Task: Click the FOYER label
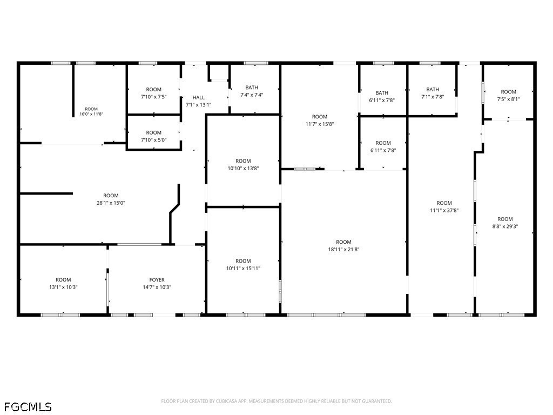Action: (157, 280)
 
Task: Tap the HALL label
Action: (199, 97)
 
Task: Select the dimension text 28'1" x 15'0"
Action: (111, 203)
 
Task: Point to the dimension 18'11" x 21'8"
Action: (343, 249)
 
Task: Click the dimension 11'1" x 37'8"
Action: (444, 210)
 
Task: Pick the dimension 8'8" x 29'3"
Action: (505, 226)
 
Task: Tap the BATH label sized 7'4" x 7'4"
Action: (252, 88)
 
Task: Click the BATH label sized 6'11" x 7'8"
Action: (382, 93)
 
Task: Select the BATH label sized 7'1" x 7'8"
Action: (433, 89)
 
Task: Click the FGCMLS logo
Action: (28, 407)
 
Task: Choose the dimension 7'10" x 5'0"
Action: (154, 140)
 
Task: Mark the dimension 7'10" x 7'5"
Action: (154, 97)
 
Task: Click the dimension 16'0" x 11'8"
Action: (91, 114)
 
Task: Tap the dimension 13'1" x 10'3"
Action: (63, 287)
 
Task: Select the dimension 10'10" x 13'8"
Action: (243, 169)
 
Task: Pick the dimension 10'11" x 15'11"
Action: (243, 268)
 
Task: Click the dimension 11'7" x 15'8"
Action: (320, 124)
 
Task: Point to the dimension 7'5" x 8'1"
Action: (508, 99)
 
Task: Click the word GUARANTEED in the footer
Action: (377, 401)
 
